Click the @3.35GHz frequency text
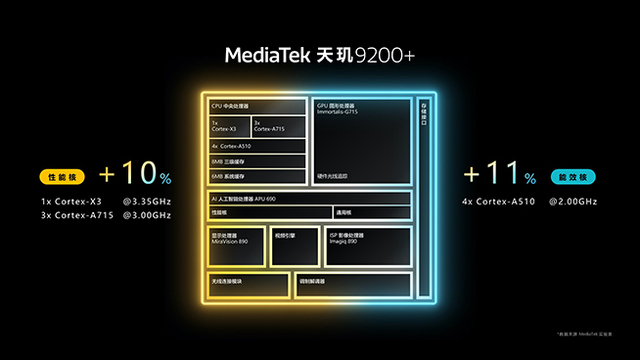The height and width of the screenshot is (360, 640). pyautogui.click(x=147, y=202)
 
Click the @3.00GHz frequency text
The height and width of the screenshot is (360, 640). pyautogui.click(x=147, y=214)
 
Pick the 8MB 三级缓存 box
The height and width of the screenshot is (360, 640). pyautogui.click(x=257, y=161)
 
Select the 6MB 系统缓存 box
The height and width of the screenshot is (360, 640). pyautogui.click(x=257, y=175)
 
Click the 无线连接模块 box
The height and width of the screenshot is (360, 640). pyautogui.click(x=249, y=284)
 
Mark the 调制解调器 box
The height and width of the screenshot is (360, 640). pyautogui.click(x=352, y=284)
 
